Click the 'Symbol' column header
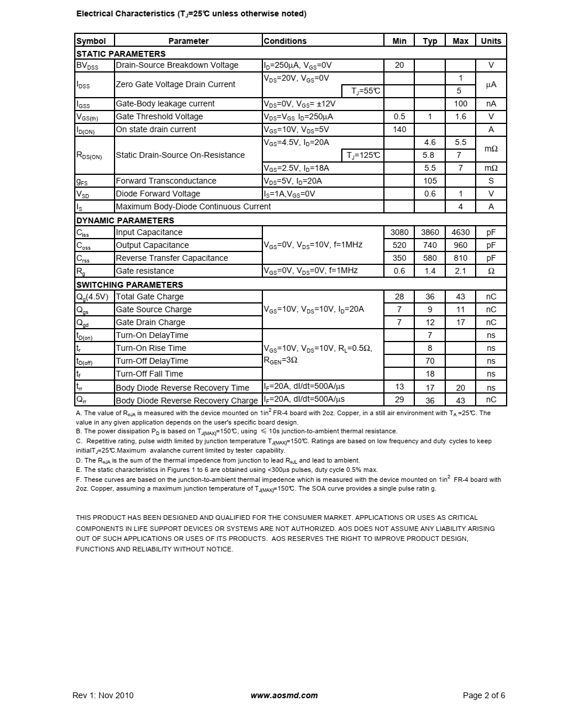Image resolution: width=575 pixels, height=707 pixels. click(91, 41)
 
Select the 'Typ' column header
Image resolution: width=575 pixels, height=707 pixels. click(429, 41)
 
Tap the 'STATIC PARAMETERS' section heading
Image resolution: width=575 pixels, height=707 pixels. click(121, 54)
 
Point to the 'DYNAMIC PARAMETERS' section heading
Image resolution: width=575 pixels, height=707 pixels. click(125, 220)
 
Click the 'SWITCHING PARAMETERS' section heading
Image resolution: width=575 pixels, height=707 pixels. click(130, 285)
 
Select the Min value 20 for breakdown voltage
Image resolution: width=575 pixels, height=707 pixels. click(399, 65)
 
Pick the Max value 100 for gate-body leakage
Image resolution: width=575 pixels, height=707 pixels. click(460, 104)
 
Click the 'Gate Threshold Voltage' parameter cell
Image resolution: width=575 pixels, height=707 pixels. click(160, 116)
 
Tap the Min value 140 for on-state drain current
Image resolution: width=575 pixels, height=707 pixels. click(399, 129)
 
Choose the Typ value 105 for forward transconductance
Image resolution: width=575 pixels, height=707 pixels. click(429, 181)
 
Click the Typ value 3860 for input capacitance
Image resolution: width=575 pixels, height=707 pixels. click(429, 232)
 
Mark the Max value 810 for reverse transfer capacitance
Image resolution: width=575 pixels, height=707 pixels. click(460, 258)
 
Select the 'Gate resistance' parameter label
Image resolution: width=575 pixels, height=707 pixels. click(145, 271)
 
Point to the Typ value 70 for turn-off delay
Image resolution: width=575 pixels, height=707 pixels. click(429, 361)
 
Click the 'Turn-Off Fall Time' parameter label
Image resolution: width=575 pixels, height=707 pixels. click(150, 374)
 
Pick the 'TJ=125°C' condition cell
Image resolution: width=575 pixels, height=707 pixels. click(363, 155)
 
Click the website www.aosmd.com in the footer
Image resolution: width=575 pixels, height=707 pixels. click(284, 695)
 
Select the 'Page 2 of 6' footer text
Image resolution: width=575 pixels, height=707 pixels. click(484, 695)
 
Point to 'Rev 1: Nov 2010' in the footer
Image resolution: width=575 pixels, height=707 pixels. click(103, 695)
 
